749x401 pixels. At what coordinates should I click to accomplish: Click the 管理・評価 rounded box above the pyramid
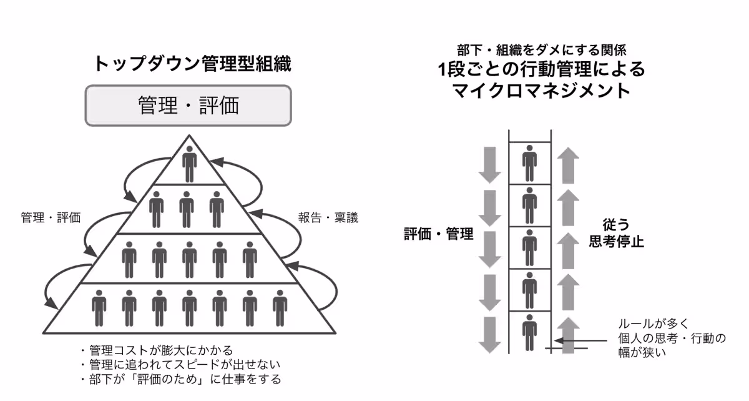tap(188, 105)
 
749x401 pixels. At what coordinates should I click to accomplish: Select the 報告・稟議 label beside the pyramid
tap(328, 219)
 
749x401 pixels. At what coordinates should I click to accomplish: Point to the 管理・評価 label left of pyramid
tap(51, 218)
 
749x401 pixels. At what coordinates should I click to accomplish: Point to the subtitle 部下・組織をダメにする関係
tap(541, 49)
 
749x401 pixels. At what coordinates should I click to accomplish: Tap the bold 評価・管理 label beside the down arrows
tap(438, 234)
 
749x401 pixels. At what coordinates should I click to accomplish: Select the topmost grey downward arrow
tap(490, 164)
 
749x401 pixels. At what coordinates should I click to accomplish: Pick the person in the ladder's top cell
tap(530, 163)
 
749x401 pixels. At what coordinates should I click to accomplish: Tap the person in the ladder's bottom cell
tap(530, 333)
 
